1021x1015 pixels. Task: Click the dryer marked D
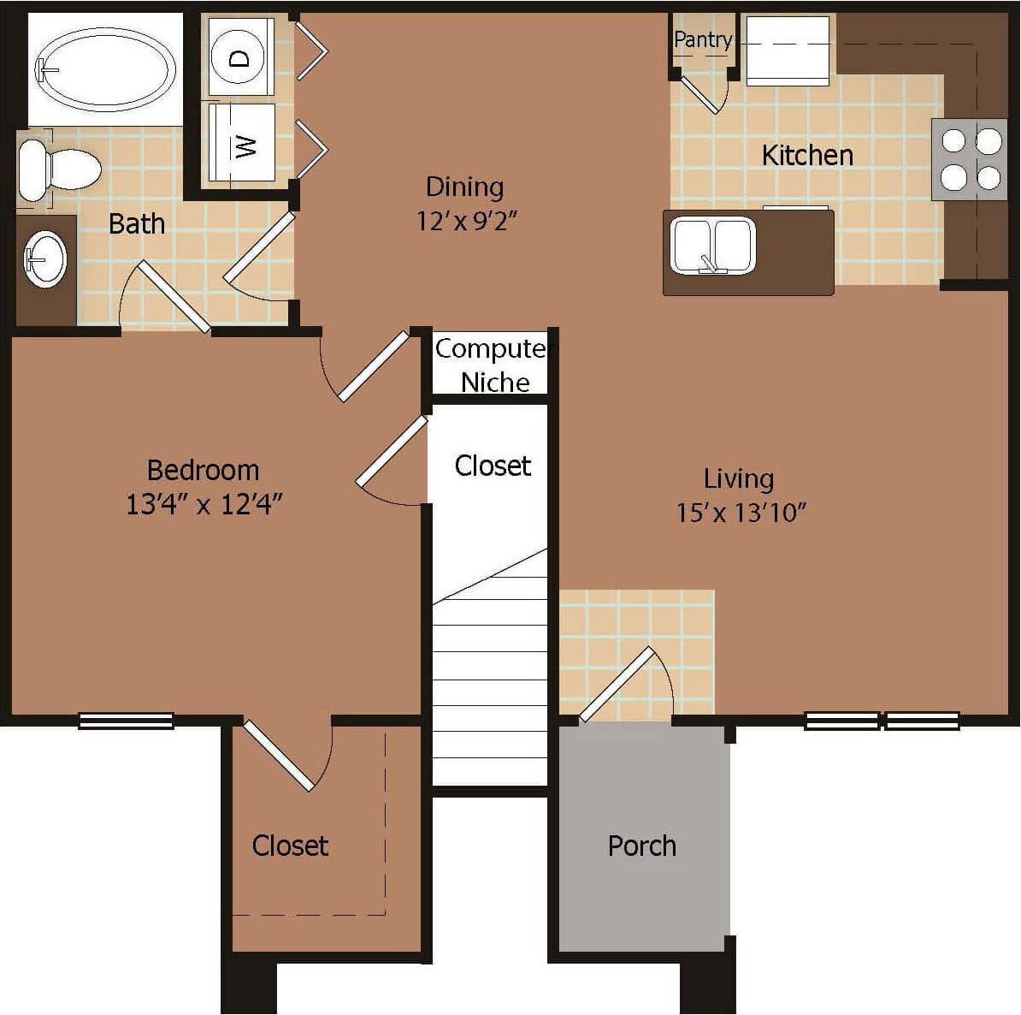[240, 57]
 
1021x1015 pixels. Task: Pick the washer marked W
[243, 143]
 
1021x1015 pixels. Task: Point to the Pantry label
[702, 39]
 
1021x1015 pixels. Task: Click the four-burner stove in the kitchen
[970, 159]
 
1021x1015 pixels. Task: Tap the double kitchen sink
[712, 246]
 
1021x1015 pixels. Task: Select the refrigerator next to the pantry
[788, 51]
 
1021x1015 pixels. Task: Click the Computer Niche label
[493, 365]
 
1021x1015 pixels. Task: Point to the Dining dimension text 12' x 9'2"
[467, 222]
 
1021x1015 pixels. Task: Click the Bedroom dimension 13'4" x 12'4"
[204, 505]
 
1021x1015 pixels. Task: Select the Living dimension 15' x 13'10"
[741, 513]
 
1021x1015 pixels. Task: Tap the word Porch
[641, 846]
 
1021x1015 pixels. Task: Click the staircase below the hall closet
[489, 676]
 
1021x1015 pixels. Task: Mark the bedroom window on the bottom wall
[126, 721]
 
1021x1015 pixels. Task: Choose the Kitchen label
[806, 156]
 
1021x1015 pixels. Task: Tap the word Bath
[136, 224]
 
